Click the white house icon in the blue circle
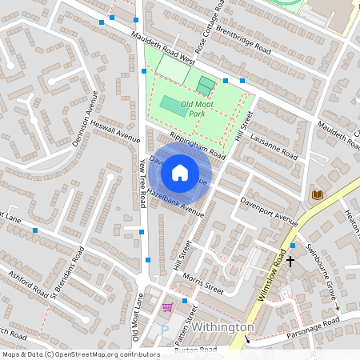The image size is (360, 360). click(180, 173)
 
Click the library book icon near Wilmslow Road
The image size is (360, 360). click(318, 194)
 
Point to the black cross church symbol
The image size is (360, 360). click(290, 261)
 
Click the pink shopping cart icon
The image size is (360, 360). click(167, 307)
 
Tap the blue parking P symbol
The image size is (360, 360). click(165, 330)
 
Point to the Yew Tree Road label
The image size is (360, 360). click(143, 183)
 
